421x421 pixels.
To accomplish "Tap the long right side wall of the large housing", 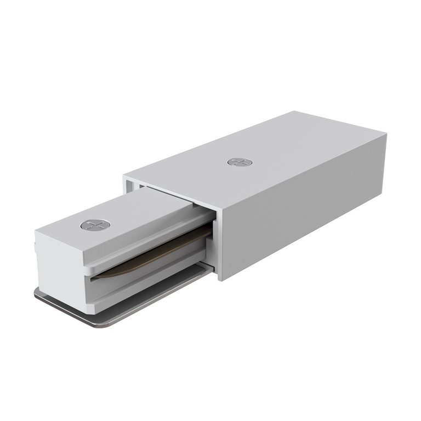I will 307,214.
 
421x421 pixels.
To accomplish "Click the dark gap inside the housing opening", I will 164,195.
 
